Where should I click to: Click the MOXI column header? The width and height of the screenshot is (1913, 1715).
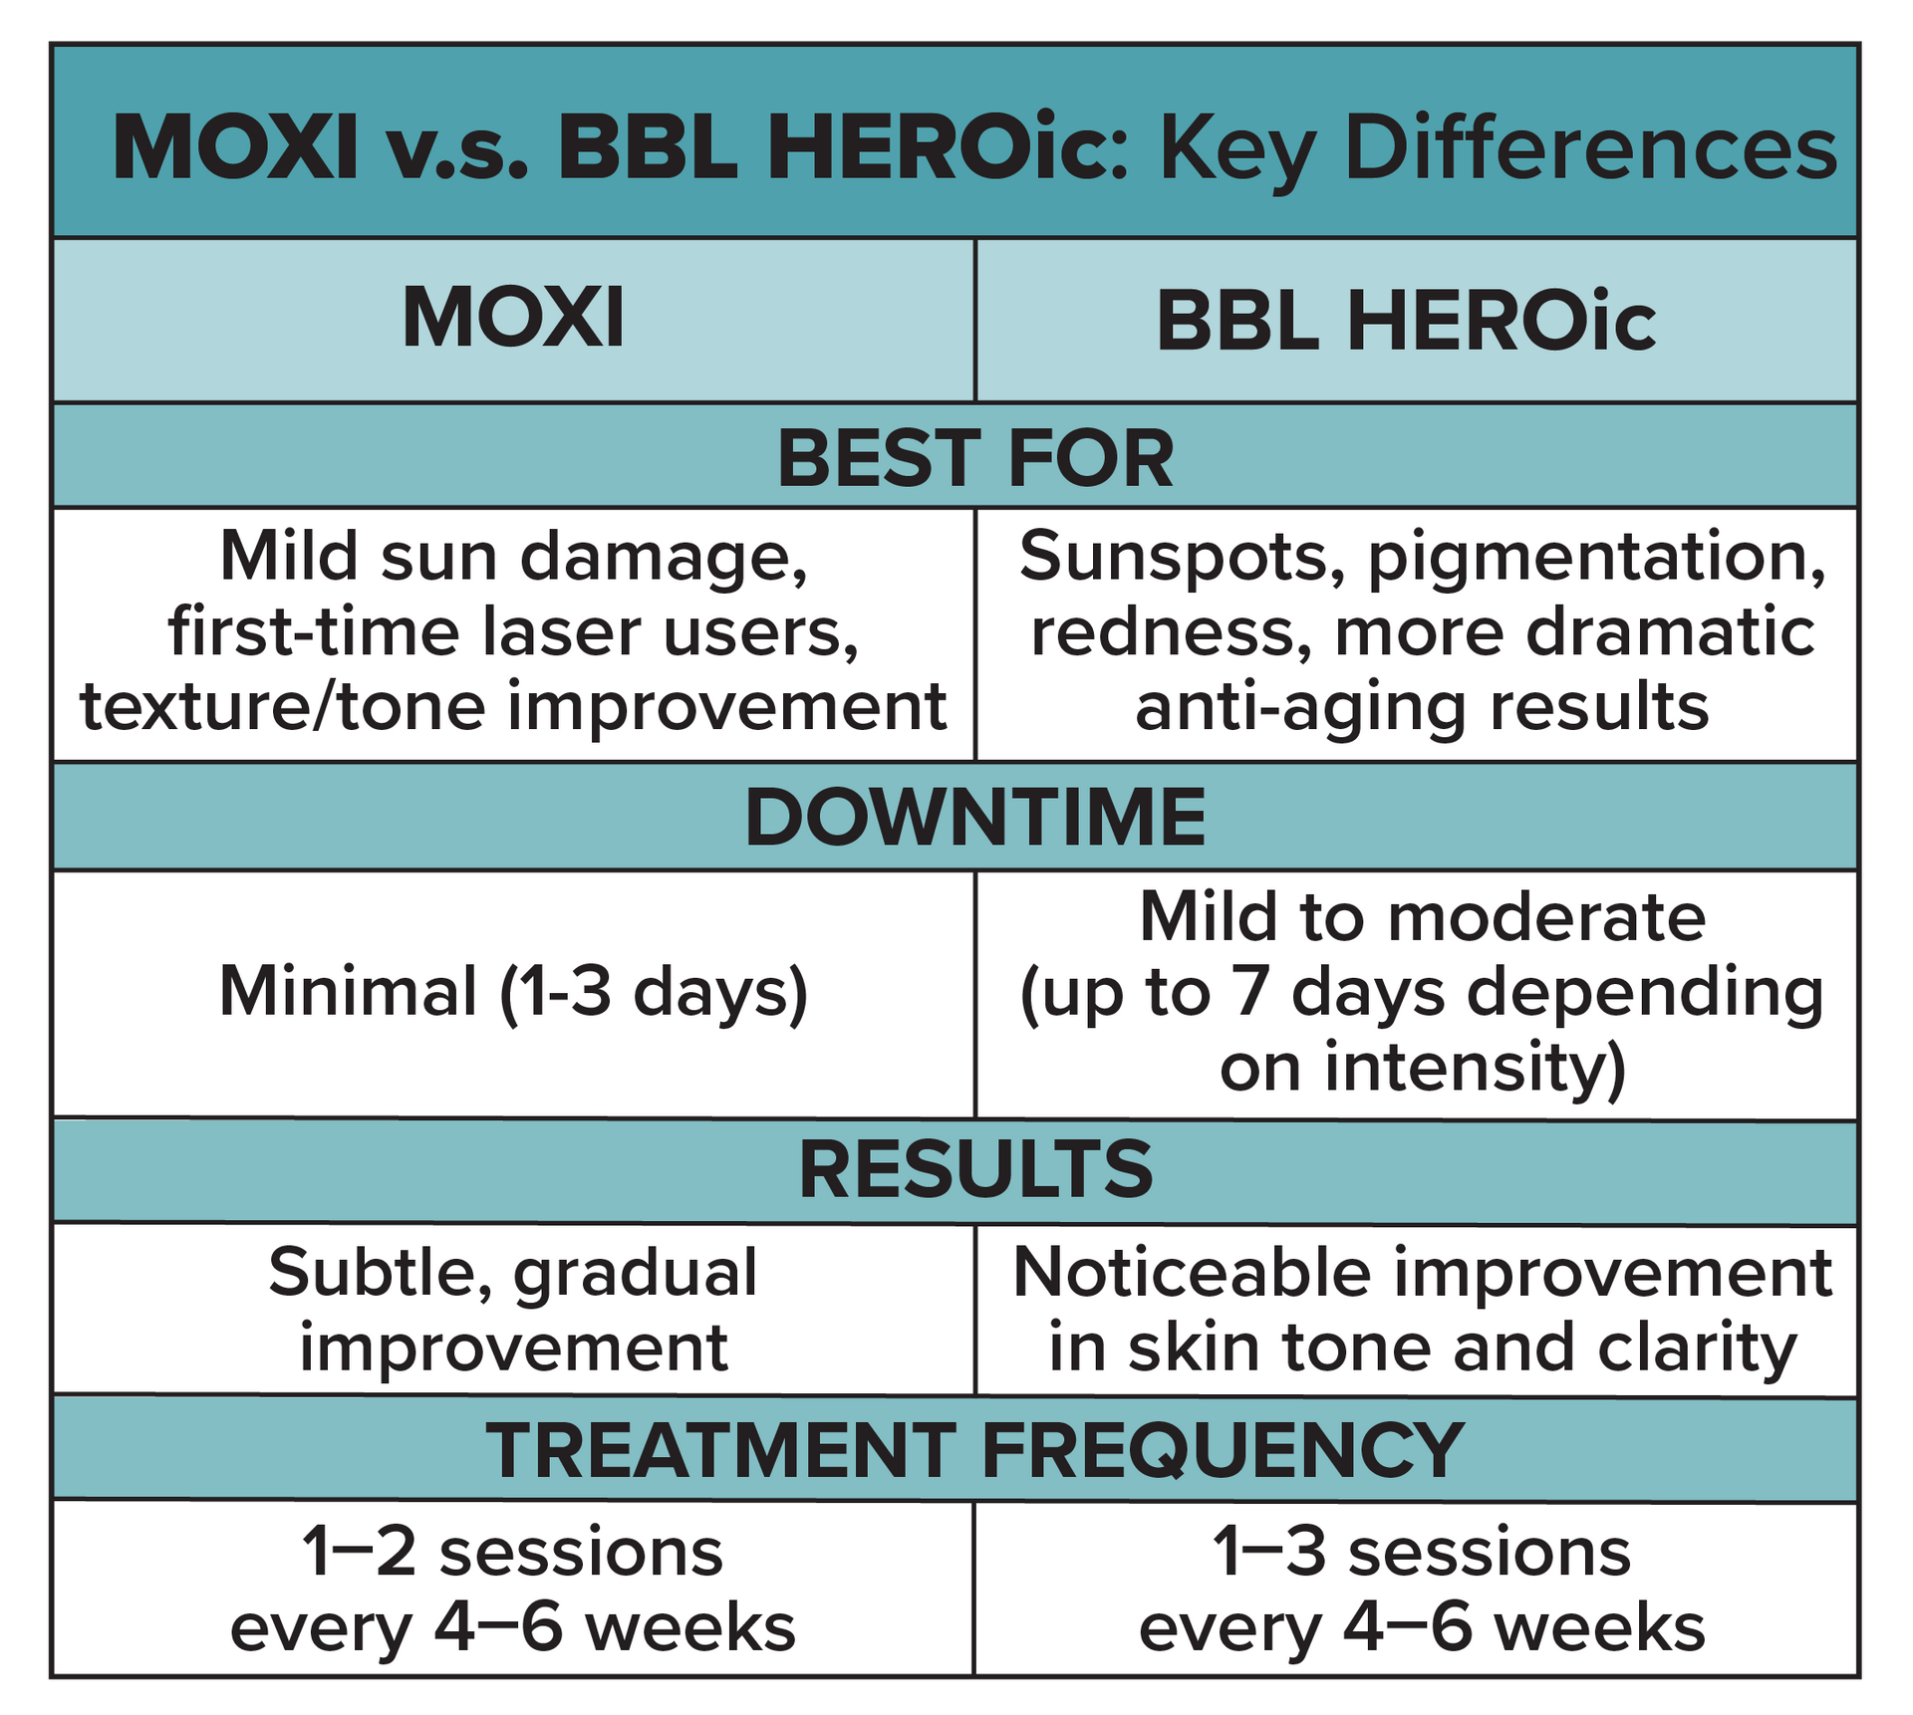click(x=513, y=319)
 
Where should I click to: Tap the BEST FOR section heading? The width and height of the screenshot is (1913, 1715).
click(x=974, y=459)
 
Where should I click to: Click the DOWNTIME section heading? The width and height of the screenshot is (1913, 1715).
click(x=974, y=818)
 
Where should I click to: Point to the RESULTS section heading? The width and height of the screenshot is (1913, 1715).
click(x=974, y=1170)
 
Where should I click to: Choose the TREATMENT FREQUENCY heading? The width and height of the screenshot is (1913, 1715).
click(x=974, y=1450)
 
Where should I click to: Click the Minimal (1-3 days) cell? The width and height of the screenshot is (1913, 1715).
click(x=513, y=993)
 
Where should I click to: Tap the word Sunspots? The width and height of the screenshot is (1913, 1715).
click(x=1176, y=556)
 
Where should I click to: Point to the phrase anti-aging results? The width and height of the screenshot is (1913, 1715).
click(x=1422, y=708)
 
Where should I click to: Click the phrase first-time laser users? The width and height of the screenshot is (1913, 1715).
click(x=513, y=631)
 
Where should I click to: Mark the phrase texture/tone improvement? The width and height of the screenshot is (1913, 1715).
click(x=513, y=708)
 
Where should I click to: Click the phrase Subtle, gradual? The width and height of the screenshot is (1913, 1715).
click(x=513, y=1273)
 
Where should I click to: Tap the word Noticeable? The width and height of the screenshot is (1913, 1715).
click(x=1192, y=1273)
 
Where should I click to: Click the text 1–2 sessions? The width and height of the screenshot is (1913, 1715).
click(x=513, y=1553)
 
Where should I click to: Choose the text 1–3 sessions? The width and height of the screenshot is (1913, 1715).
click(x=1422, y=1553)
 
